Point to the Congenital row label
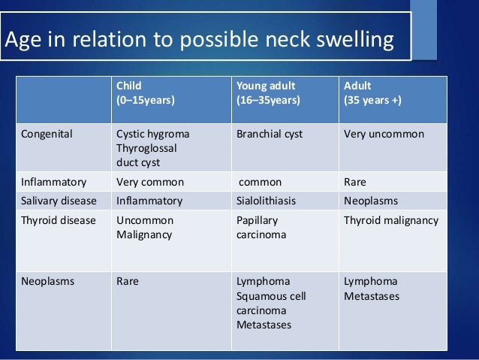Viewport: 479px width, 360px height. pos(47,135)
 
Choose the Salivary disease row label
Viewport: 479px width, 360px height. pos(58,201)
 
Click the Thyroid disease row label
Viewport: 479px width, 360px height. pos(58,221)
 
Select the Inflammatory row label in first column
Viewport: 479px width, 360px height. pos(53,182)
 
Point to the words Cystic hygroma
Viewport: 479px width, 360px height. pos(153,135)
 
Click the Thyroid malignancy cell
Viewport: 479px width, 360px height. pos(390,221)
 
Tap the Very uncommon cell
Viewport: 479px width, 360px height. pos(384,135)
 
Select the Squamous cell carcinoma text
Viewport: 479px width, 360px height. pos(271,303)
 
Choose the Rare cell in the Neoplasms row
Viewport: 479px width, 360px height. pos(128,282)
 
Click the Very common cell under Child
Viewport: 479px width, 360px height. pos(150,182)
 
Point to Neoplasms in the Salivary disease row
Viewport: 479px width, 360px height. pos(371,201)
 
